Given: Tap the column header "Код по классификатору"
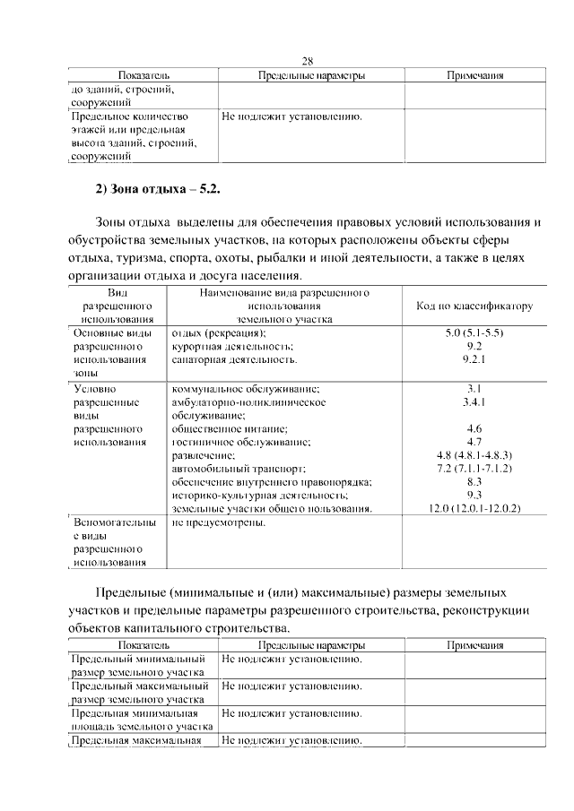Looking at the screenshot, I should pyautogui.click(x=474, y=306).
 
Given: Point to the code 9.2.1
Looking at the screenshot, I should pyautogui.click(x=474, y=359).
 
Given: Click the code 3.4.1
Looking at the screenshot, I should pyautogui.click(x=474, y=402).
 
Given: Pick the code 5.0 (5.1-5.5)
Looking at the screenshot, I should pyautogui.click(x=474, y=333).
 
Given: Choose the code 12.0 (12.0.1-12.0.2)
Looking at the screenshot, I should pyautogui.click(x=474, y=508).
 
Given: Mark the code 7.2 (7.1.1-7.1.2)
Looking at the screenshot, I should pyautogui.click(x=474, y=469).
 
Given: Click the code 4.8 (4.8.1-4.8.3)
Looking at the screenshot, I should pyautogui.click(x=474, y=455).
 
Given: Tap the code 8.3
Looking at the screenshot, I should pyautogui.click(x=474, y=481).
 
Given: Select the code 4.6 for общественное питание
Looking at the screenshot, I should pyautogui.click(x=474, y=428).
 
